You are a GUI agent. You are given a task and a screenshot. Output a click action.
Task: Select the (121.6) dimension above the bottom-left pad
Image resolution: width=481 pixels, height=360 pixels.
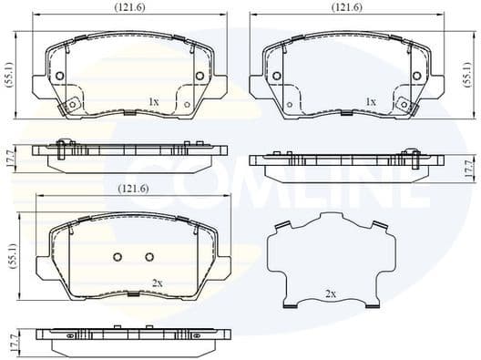tap(134, 189)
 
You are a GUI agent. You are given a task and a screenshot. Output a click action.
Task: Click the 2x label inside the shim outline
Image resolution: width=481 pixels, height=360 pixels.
tap(331, 294)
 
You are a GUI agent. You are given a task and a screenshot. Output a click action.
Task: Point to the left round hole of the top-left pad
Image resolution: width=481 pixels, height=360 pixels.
tap(59, 76)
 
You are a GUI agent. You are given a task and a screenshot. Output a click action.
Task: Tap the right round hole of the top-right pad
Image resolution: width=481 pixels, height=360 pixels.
tap(418, 76)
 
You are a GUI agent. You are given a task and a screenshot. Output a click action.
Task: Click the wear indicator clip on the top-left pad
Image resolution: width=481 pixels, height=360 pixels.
tap(65, 108)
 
